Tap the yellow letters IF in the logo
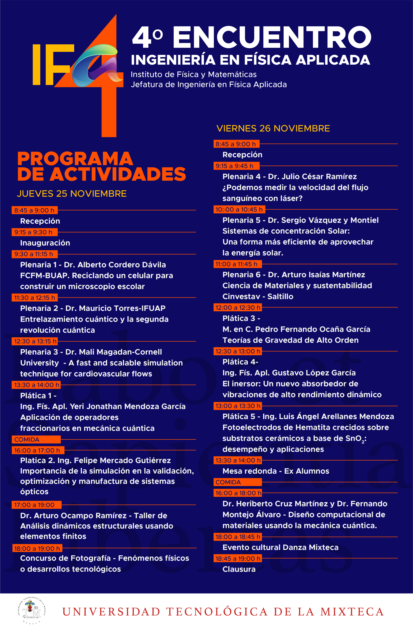52,65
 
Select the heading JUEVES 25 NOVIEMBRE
72,194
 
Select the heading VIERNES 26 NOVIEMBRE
273,128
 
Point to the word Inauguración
45,243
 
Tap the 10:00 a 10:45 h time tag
239,210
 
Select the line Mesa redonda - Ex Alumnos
276,471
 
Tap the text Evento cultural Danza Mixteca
280,547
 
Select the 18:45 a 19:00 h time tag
238,558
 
